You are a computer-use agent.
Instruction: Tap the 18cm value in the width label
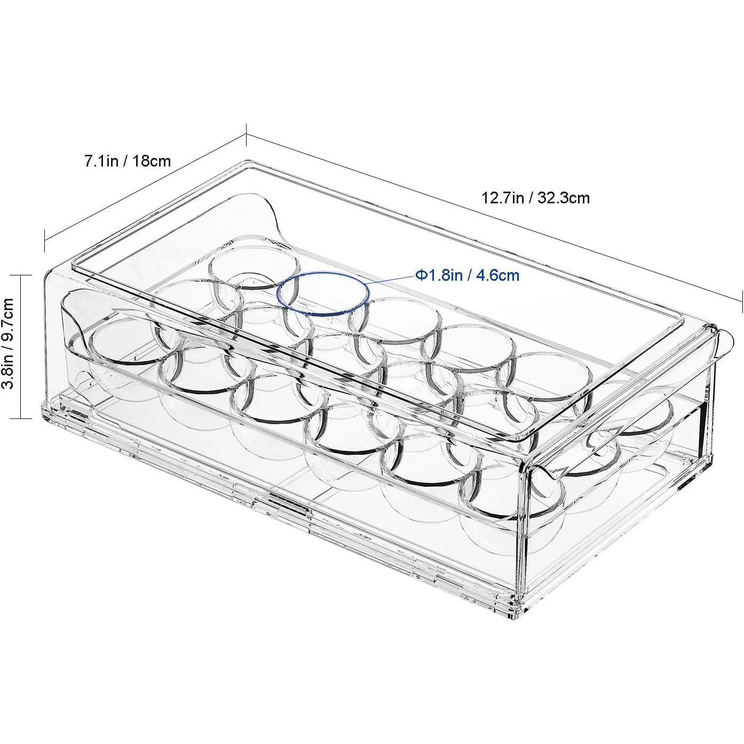151,161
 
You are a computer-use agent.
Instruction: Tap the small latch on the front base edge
288,500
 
